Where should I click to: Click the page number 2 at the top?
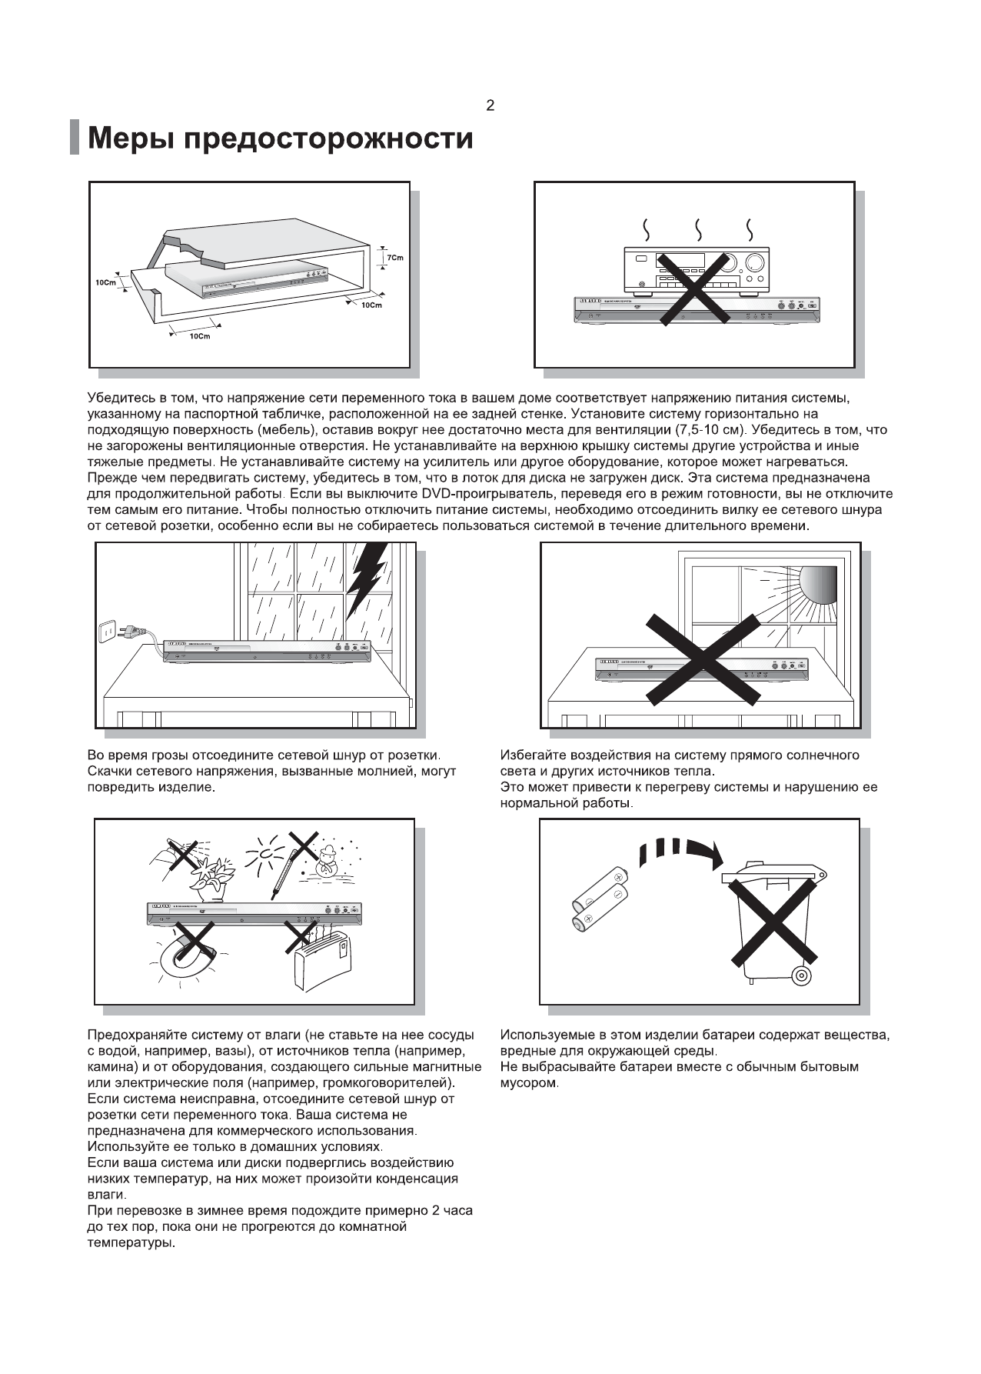click(x=490, y=106)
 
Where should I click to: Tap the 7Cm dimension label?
click(x=394, y=258)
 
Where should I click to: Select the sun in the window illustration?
click(x=817, y=585)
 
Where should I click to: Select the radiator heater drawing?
click(x=324, y=958)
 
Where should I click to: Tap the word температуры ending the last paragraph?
click(x=131, y=1242)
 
